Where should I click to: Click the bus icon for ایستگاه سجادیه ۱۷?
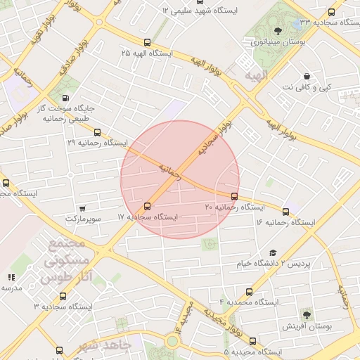[x=147, y=206]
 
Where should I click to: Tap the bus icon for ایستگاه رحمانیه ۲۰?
[x=234, y=196]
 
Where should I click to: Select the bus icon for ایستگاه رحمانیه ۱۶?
[x=285, y=212]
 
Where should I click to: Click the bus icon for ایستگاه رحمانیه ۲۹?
[x=97, y=132]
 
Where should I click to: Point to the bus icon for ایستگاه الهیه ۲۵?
[x=147, y=43]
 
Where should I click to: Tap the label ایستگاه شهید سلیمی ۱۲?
[x=200, y=11]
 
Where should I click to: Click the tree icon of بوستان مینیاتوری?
[x=278, y=30]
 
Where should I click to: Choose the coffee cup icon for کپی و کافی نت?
[x=307, y=76]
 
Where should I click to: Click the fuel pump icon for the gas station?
[x=65, y=98]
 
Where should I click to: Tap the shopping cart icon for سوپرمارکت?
[x=83, y=208]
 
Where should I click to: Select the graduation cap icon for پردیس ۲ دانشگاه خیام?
[x=273, y=253]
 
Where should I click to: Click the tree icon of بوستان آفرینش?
[x=306, y=314]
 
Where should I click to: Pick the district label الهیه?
[x=257, y=75]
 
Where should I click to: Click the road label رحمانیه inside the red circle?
[x=169, y=172]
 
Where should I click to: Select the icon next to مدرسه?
[x=11, y=278]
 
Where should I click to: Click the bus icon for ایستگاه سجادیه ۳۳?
[x=332, y=12]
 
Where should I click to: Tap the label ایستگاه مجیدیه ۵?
[x=252, y=351]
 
